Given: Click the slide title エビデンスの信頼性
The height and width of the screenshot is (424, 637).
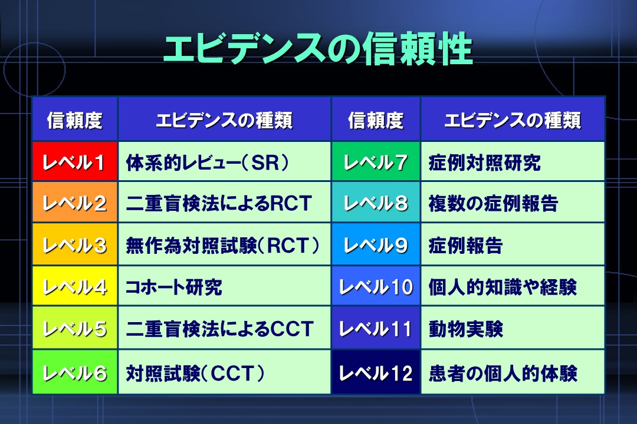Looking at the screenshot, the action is point(318,49).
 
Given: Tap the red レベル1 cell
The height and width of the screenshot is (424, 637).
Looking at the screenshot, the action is point(75,161).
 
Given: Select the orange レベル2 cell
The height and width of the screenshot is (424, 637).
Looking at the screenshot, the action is point(75,202).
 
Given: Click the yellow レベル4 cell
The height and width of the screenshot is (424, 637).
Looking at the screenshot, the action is point(75,286).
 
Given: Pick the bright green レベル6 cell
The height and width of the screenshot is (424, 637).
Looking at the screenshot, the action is point(75,372).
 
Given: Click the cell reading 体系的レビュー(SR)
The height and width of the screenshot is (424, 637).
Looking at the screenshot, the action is point(225,161).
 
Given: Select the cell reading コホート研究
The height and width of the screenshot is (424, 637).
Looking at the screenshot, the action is point(225,286).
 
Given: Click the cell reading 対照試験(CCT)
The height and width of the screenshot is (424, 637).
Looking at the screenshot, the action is point(225,372).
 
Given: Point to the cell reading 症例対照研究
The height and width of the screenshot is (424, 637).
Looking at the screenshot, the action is point(513,161).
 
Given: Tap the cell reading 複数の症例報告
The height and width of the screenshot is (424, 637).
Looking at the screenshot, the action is point(513,202).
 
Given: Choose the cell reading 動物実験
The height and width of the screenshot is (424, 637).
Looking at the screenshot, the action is point(513,328).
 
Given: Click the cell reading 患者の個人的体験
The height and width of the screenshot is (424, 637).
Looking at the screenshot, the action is point(513,372).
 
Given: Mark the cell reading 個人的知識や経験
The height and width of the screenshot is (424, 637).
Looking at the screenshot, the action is point(513,286).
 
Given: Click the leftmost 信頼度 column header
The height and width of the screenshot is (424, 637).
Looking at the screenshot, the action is point(75,119).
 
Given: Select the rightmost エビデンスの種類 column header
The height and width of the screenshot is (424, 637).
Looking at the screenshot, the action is point(513,119).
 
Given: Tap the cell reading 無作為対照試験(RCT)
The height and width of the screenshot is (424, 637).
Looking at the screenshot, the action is point(225,244).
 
